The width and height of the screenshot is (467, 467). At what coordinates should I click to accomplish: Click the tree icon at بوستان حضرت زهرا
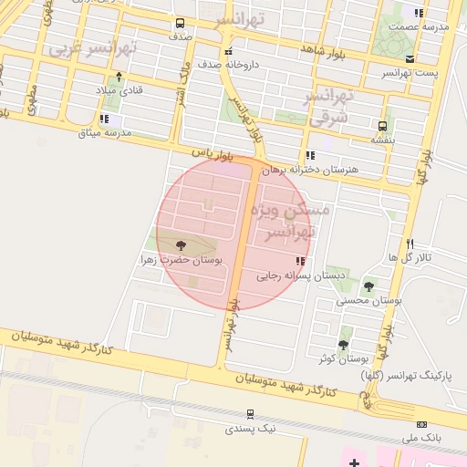coord(179,244)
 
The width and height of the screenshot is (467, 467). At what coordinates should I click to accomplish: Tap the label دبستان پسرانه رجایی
coord(301,274)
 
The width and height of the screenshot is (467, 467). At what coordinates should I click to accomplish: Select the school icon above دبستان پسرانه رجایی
coord(301,262)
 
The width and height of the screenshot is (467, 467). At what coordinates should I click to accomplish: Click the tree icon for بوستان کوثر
coord(343,344)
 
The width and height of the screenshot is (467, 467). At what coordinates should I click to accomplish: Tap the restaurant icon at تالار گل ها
coord(410,244)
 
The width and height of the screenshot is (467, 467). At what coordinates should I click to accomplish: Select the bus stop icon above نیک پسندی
coord(250,414)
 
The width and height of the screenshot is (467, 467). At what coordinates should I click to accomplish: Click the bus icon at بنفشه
coord(381,127)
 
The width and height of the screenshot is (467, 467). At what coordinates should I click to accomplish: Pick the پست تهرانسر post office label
coord(409,72)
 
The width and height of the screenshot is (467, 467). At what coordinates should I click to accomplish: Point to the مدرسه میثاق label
coord(106,132)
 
